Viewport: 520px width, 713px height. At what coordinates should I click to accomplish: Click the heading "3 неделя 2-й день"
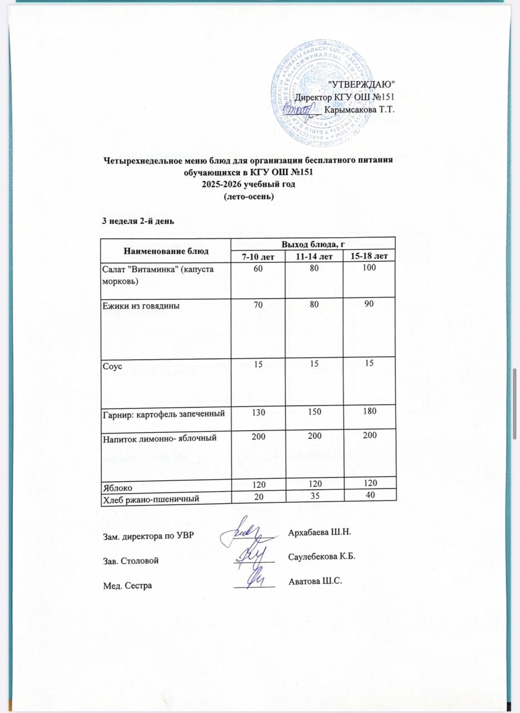pos(138,220)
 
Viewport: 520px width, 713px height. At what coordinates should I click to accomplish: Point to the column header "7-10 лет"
pos(257,256)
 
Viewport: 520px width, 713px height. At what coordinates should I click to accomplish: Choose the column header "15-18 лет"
pos(368,256)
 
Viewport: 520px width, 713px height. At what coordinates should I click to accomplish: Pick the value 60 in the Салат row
pos(257,268)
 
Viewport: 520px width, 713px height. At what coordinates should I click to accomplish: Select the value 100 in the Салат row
pos(368,268)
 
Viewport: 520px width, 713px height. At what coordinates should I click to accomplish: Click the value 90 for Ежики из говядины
pos(368,304)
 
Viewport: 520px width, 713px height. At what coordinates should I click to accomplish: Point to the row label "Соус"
pos(112,365)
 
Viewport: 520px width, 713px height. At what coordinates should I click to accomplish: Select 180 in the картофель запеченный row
pos(368,412)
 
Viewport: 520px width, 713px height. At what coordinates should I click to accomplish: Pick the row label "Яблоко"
pos(117,487)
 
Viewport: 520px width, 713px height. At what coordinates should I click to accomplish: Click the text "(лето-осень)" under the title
pos(248,197)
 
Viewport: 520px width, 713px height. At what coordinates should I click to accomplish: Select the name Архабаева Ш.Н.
pos(320,533)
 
